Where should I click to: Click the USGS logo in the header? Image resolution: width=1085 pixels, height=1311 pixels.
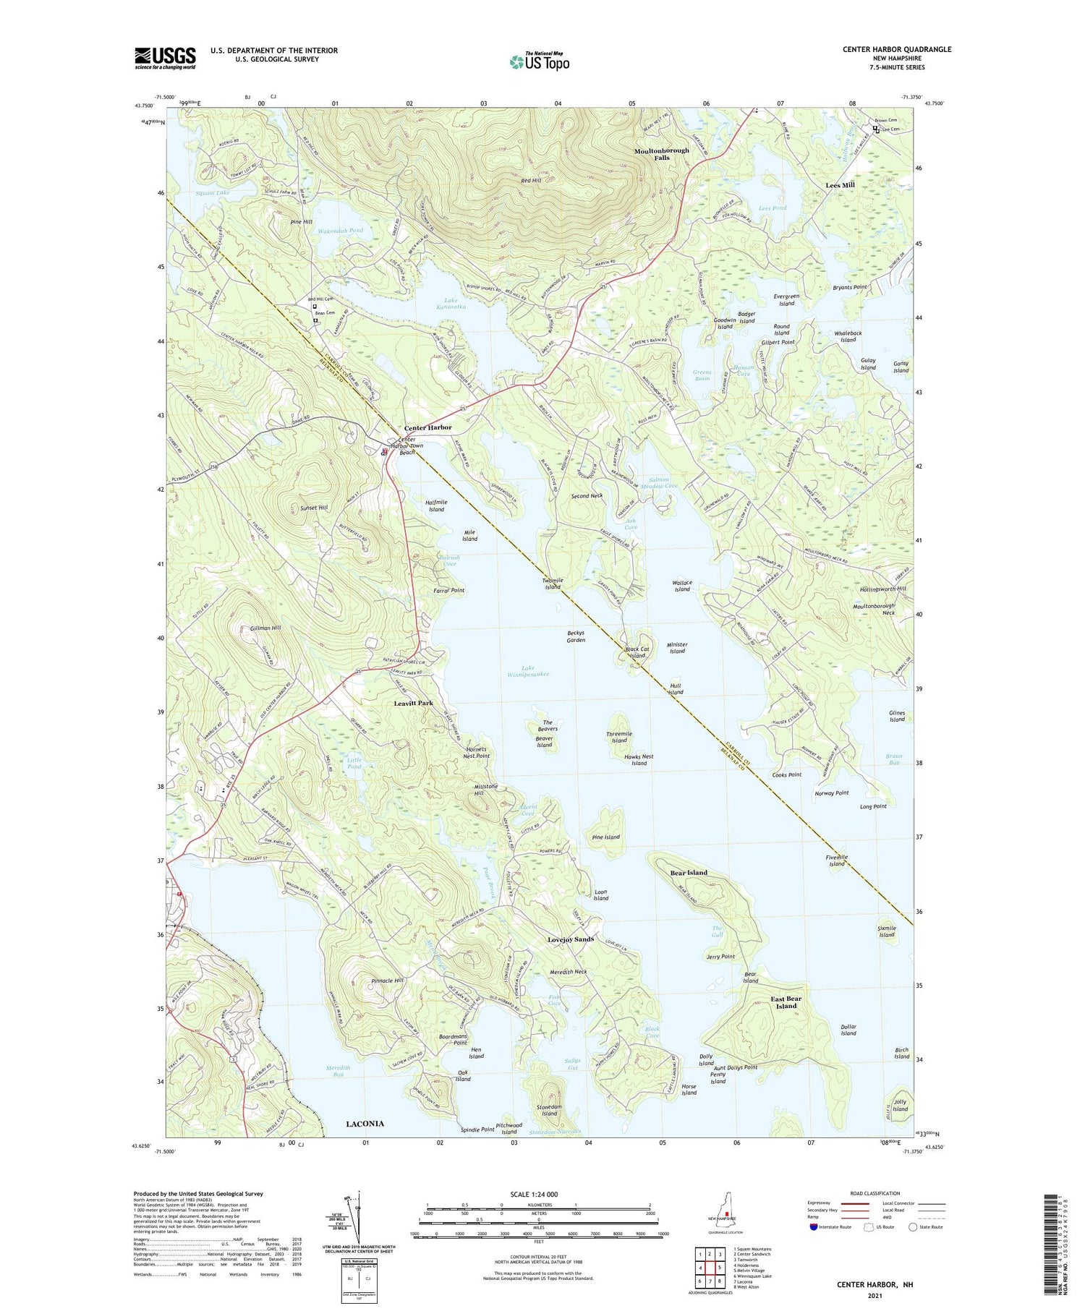pyautogui.click(x=165, y=58)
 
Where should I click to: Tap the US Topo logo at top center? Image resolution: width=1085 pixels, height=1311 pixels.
pyautogui.click(x=540, y=61)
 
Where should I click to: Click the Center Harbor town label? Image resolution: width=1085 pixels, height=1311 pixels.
pyautogui.click(x=427, y=427)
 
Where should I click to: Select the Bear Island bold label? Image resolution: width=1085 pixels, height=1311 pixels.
pyautogui.click(x=688, y=873)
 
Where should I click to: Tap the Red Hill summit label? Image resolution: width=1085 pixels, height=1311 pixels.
pyautogui.click(x=531, y=181)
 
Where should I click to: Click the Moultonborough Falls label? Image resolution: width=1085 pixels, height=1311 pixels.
pyautogui.click(x=661, y=154)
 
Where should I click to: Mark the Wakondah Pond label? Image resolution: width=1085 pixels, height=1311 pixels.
pyautogui.click(x=341, y=231)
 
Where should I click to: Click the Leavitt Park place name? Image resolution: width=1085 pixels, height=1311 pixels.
pyautogui.click(x=413, y=703)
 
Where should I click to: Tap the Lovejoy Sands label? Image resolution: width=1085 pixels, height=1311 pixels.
pyautogui.click(x=570, y=939)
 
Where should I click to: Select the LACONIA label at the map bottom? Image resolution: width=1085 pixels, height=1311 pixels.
pyautogui.click(x=365, y=1123)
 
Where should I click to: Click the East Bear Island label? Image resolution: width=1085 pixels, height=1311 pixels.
pyautogui.click(x=786, y=1002)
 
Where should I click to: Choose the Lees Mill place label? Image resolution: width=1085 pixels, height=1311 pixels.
pyautogui.click(x=840, y=185)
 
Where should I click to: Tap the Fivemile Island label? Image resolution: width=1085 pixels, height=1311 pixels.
pyautogui.click(x=837, y=861)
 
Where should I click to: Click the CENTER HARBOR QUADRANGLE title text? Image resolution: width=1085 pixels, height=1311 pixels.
pyautogui.click(x=896, y=49)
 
